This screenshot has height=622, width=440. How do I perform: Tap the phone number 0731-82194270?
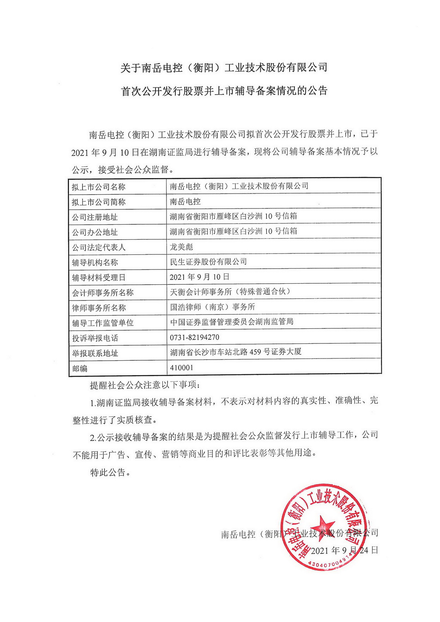point(194,337)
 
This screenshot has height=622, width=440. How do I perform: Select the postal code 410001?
point(181,367)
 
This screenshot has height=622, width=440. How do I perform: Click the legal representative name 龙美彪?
point(181,247)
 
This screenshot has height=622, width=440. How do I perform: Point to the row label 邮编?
point(80,368)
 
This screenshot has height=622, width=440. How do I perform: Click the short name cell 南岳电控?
point(185,202)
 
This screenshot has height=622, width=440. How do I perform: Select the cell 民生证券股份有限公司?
point(208,262)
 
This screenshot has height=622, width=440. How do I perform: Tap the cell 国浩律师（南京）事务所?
point(213,307)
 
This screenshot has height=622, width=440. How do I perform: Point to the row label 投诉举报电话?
point(95,338)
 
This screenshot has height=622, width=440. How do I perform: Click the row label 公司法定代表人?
point(99,247)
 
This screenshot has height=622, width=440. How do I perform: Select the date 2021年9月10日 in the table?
point(199,277)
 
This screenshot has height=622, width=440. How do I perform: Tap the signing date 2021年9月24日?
point(344,550)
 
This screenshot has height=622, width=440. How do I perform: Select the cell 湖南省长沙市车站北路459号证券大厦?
point(236,352)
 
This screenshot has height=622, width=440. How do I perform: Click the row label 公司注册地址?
point(95,217)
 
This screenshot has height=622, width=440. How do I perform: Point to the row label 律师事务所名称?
point(99,308)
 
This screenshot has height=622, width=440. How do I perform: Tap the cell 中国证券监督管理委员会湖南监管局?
point(232,322)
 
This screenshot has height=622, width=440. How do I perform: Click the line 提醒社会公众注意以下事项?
point(145,385)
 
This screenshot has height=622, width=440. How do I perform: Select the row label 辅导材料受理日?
point(99,277)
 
